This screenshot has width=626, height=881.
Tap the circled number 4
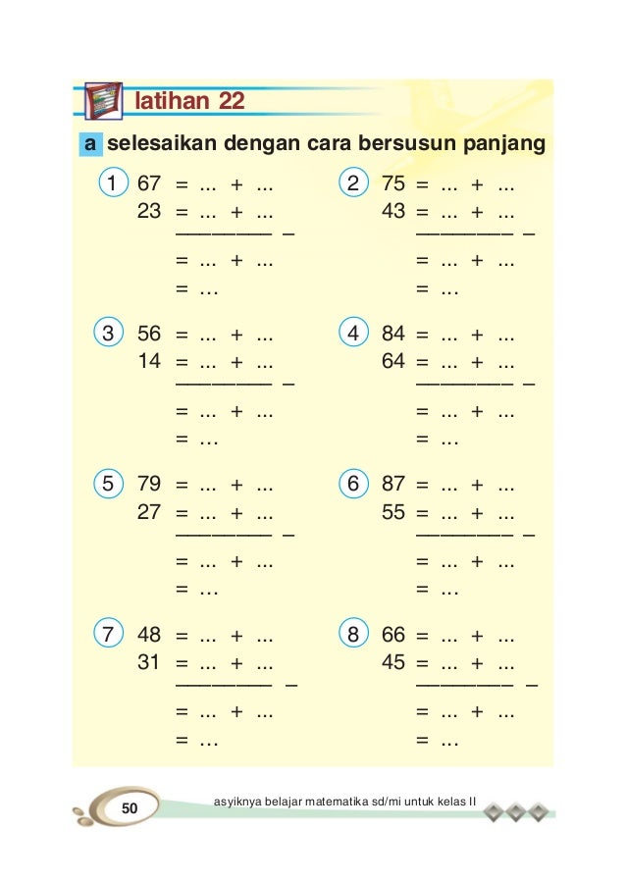(x=353, y=334)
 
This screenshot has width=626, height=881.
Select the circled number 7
(x=111, y=635)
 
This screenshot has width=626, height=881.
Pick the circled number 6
(x=353, y=484)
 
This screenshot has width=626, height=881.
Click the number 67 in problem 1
(x=149, y=182)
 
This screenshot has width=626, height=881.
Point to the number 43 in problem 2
(x=392, y=210)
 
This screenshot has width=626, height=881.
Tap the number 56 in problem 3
(x=149, y=334)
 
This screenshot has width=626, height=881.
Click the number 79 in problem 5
(x=149, y=484)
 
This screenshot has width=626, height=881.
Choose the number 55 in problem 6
(x=392, y=511)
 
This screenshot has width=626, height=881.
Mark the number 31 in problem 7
(x=149, y=662)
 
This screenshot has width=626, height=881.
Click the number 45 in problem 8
(x=392, y=662)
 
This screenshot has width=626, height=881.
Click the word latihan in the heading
(x=172, y=101)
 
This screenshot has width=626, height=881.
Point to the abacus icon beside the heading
(x=104, y=101)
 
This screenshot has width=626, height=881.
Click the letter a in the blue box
(x=90, y=145)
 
